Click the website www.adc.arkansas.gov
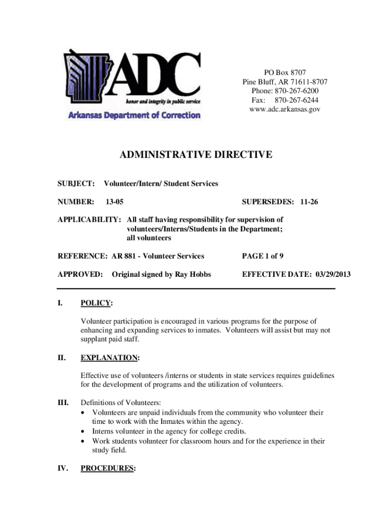[285, 109]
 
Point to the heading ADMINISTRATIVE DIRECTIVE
[196, 155]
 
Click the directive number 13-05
[114, 202]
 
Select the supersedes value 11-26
[309, 202]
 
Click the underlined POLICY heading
[96, 303]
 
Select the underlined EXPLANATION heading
[109, 357]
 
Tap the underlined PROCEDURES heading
[107, 468]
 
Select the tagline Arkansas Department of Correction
[134, 115]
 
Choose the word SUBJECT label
[75, 183]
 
